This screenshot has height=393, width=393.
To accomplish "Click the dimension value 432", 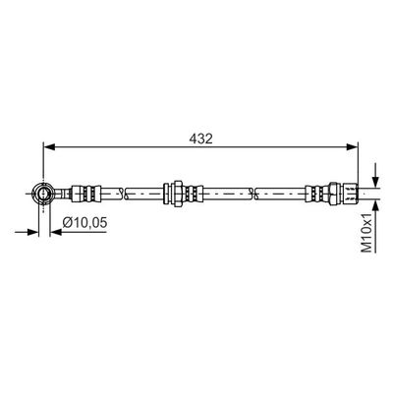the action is pos(200,139).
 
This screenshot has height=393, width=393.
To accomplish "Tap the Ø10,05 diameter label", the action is pos(84,223).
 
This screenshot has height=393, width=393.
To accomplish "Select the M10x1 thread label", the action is pos(366,233).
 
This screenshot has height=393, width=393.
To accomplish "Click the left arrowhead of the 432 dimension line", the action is pos(49,147).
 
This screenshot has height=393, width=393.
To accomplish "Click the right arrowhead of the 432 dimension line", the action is pos(353,147).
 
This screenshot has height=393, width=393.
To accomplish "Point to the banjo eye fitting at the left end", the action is pos(43,194).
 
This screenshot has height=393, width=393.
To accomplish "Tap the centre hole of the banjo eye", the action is pos(43,194).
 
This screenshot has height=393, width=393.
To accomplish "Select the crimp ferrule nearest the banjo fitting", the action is pos(85,194).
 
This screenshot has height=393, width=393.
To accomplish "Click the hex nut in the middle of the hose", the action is pos(178,194).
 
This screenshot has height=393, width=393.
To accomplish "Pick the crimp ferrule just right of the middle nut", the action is pos(193,194).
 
